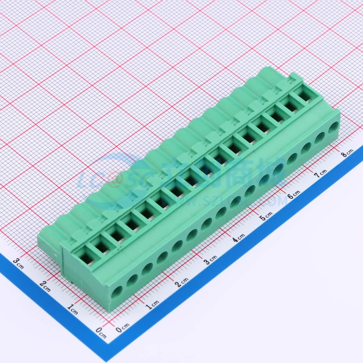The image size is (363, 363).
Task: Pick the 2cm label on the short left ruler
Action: [45, 286]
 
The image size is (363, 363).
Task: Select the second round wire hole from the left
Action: [132, 279]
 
